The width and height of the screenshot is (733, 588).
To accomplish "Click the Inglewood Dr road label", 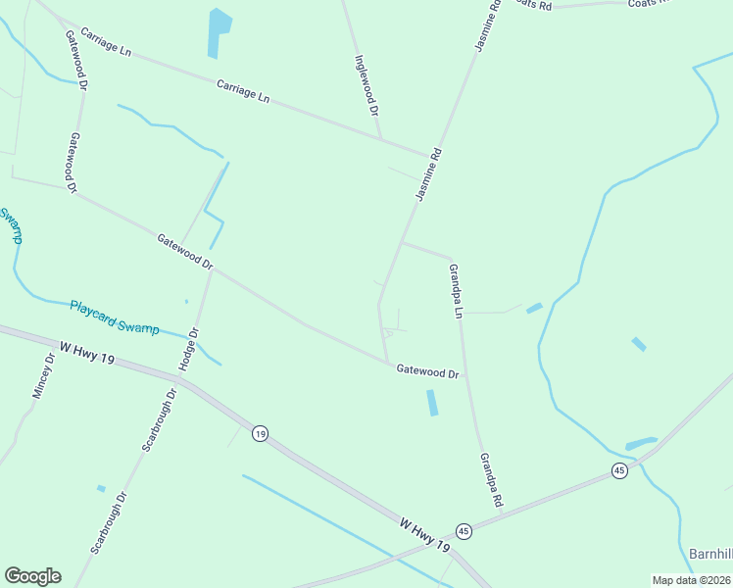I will click(366, 85).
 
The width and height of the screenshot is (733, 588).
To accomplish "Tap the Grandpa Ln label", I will click(455, 291).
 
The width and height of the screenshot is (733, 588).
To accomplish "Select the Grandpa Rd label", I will click(491, 480).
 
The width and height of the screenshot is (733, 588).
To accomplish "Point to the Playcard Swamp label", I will click(114, 317).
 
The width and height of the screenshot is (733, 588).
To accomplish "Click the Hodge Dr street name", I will click(189, 349).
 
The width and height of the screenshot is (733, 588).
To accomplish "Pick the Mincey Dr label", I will click(44, 375).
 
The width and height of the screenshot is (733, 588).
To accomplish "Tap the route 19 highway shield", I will click(259, 433).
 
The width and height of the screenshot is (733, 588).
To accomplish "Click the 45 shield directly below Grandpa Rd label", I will click(464, 531).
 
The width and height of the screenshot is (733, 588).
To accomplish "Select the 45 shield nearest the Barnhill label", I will click(619, 470).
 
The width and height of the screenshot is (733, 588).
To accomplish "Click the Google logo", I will click(32, 576).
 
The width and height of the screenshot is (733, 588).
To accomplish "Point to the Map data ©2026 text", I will click(691, 580).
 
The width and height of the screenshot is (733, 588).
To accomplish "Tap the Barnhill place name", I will click(710, 553).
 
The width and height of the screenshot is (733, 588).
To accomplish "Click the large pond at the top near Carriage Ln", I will click(219, 31).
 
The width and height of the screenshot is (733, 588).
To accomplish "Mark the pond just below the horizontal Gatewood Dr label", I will click(432, 402).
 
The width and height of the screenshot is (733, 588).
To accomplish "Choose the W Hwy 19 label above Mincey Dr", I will click(87, 354).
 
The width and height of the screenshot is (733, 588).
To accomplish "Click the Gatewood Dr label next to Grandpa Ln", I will click(427, 371).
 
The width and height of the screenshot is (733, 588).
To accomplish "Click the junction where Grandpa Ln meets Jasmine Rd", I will click(401, 242).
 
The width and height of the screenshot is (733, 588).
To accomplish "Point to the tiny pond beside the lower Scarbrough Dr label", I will click(101, 488).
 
